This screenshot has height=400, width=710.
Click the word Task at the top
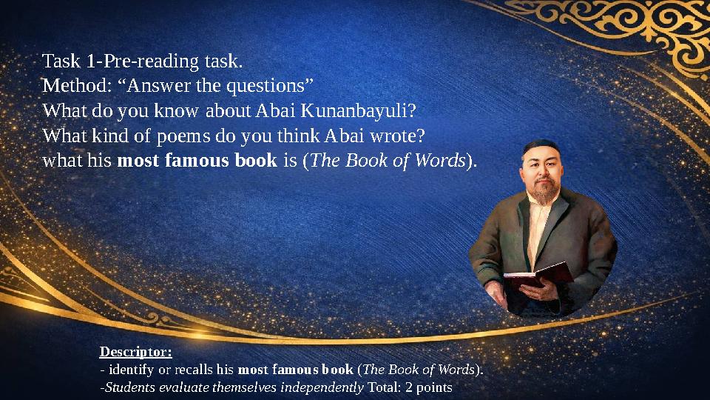click(60, 60)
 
